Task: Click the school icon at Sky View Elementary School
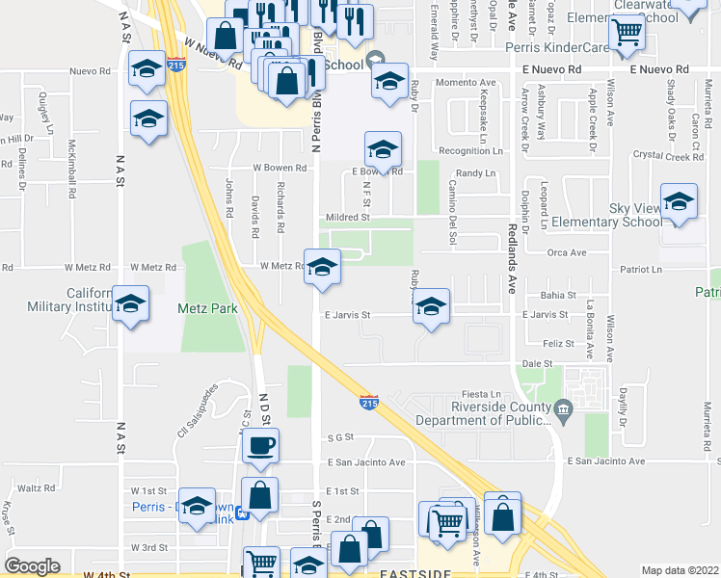[679, 202]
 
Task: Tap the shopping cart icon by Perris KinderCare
[628, 34]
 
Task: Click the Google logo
[32, 566]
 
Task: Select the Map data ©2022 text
[680, 570]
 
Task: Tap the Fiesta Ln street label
[482, 394]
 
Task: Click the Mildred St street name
[347, 218]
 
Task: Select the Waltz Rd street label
[36, 488]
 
